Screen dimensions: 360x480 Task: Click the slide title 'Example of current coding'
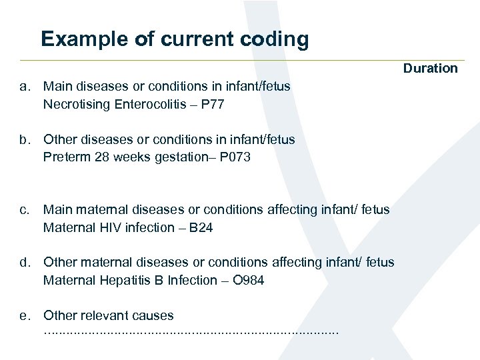coord(175,39)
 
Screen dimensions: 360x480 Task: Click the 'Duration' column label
coord(430,68)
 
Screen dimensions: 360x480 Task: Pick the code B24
coord(201,227)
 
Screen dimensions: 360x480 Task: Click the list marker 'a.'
coord(25,86)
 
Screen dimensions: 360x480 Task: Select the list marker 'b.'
coord(25,139)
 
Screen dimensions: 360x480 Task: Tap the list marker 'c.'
coord(25,209)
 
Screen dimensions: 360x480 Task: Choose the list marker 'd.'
coord(25,263)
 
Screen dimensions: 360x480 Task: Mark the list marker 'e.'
coord(25,315)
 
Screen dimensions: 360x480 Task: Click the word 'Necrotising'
coord(77,104)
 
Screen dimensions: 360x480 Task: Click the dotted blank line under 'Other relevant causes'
coord(191,331)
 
